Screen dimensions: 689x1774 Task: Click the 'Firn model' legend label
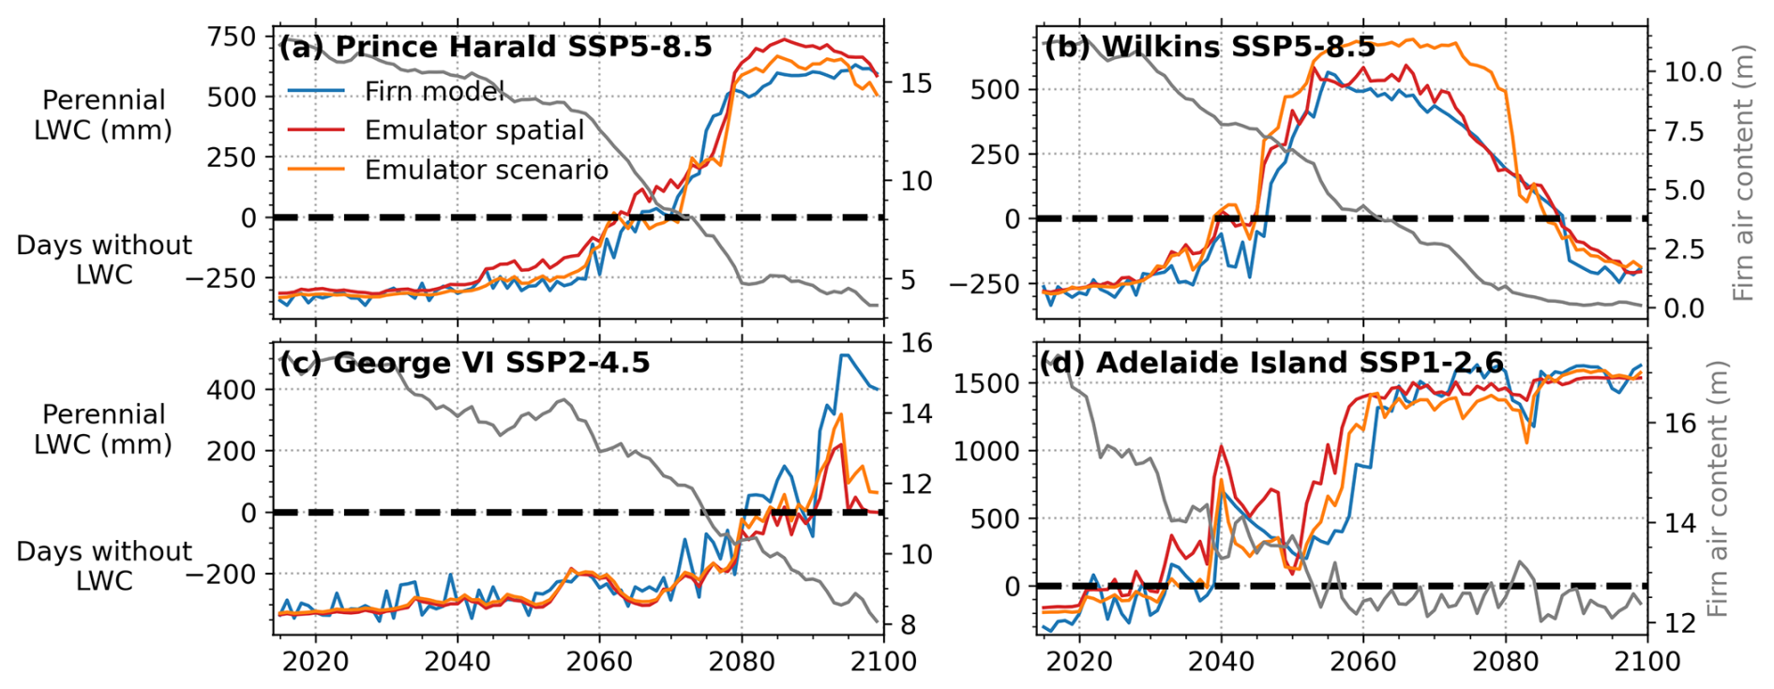click(x=434, y=91)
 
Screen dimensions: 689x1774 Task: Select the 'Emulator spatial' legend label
click(x=474, y=130)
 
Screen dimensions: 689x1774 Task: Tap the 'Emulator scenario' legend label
click(x=486, y=170)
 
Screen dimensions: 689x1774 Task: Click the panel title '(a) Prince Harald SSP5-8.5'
click(x=495, y=47)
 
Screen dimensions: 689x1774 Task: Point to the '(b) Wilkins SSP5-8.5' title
click(x=1210, y=47)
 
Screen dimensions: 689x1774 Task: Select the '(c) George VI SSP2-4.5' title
click(x=464, y=363)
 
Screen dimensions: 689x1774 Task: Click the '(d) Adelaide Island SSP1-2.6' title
click(x=1271, y=363)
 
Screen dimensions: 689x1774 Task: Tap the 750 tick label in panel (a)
click(x=232, y=37)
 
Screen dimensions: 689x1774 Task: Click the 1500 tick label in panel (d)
click(x=986, y=383)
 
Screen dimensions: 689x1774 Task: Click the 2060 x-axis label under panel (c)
click(x=599, y=662)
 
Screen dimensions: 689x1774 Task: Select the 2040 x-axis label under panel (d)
click(x=1221, y=662)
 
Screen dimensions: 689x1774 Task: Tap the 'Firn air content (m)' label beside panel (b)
click(x=1743, y=172)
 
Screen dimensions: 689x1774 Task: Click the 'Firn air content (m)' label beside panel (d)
click(x=1717, y=488)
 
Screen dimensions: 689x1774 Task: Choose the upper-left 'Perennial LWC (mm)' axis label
click(x=103, y=114)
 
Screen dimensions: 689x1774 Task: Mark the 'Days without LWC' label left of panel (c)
click(x=103, y=565)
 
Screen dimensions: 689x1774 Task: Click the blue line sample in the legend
click(x=315, y=91)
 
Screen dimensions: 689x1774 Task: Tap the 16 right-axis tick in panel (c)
click(x=917, y=343)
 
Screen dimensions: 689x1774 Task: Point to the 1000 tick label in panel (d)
click(x=986, y=451)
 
